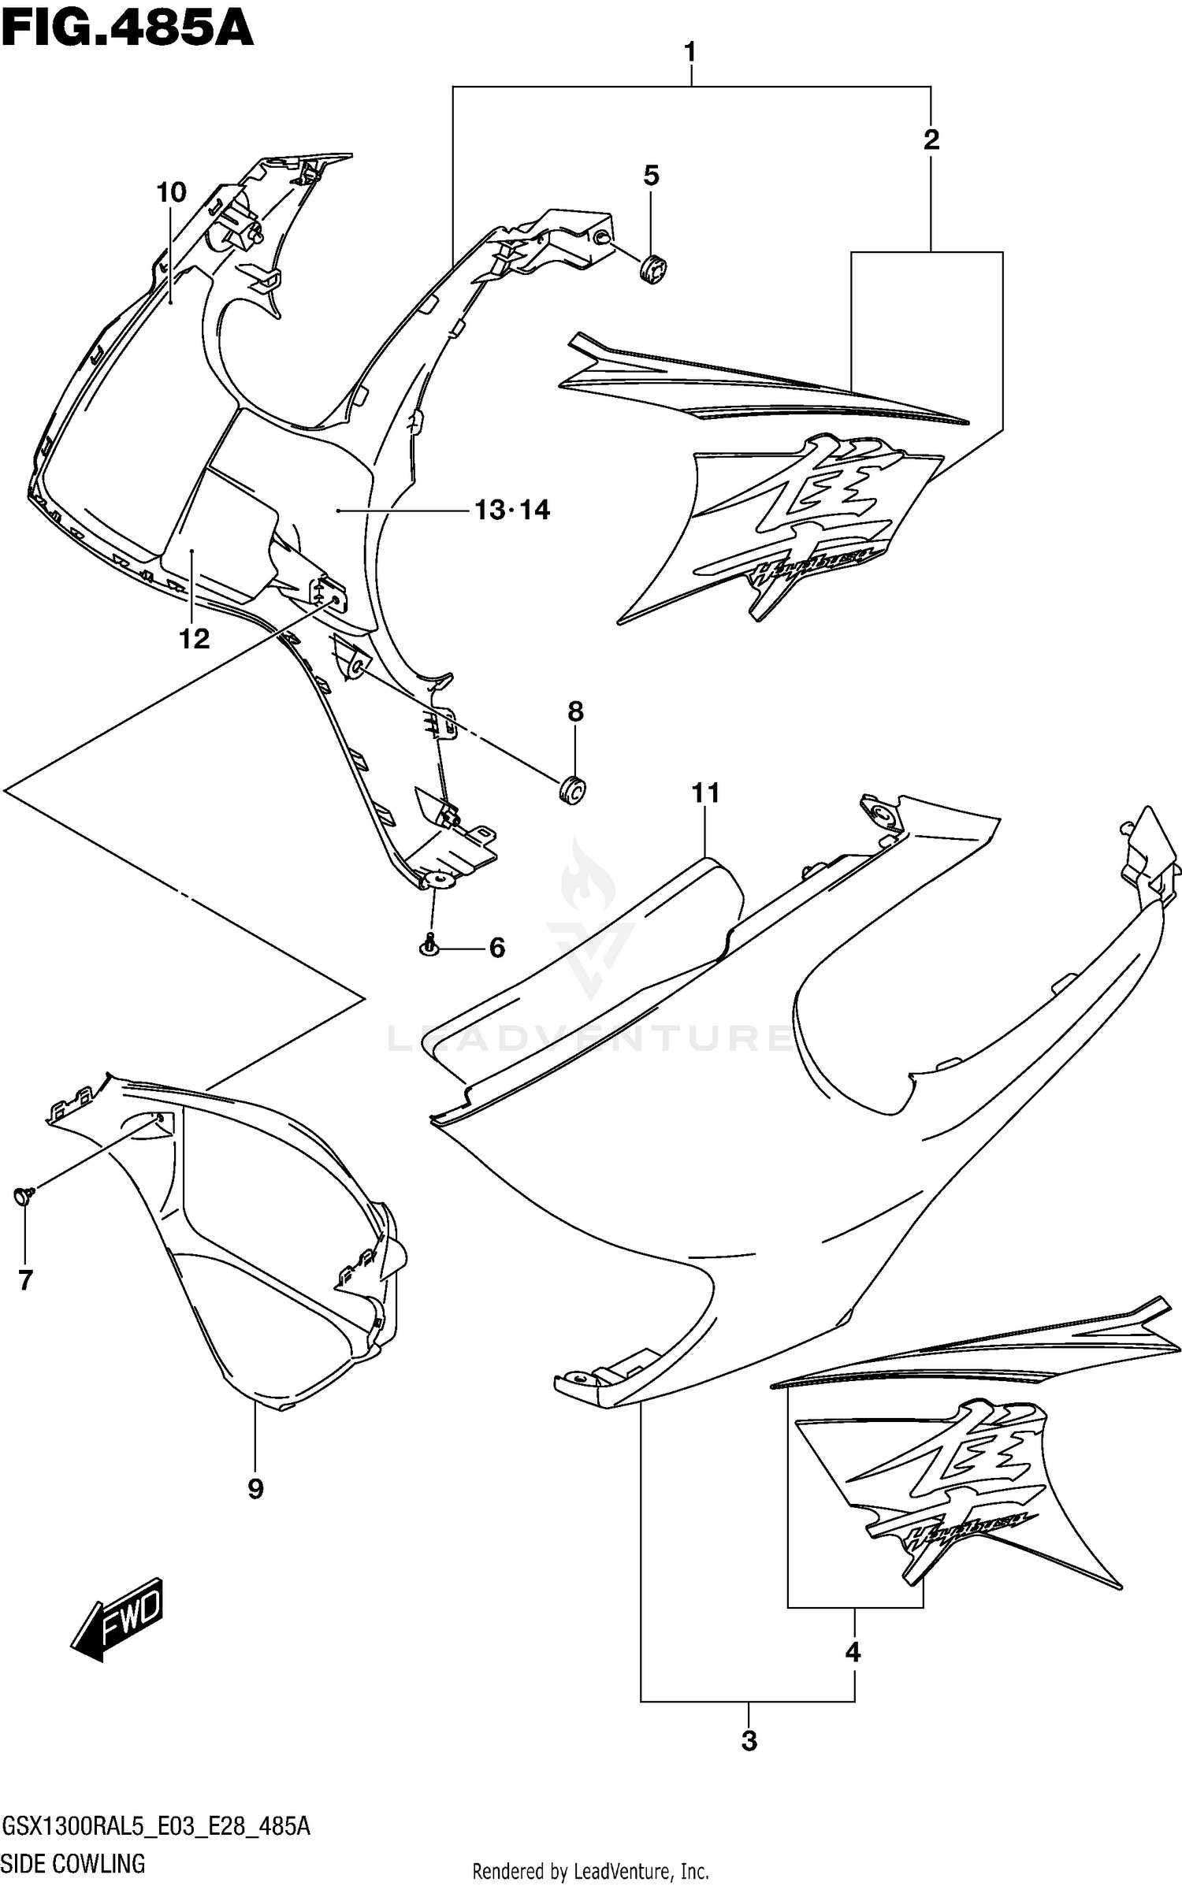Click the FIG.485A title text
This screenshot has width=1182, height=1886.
[128, 29]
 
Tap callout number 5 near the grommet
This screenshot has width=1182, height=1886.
[651, 176]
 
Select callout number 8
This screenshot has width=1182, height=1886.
[575, 712]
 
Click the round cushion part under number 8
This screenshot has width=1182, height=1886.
[573, 789]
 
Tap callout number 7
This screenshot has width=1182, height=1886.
[25, 1281]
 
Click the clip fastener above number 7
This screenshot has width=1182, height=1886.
[22, 1197]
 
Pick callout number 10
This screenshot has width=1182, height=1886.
[171, 192]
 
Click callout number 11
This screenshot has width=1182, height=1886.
[705, 793]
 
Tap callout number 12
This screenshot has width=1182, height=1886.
[195, 639]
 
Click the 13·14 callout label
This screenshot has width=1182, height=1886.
[512, 510]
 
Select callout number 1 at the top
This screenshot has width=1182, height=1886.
[690, 54]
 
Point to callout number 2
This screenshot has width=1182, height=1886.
[931, 140]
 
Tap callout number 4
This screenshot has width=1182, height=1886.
[853, 1653]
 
